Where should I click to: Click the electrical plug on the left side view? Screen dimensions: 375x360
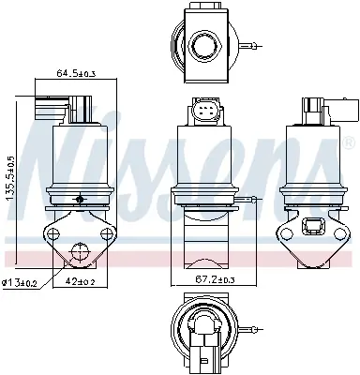tap(48, 105)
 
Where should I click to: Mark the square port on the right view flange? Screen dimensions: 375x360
tap(311, 225)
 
